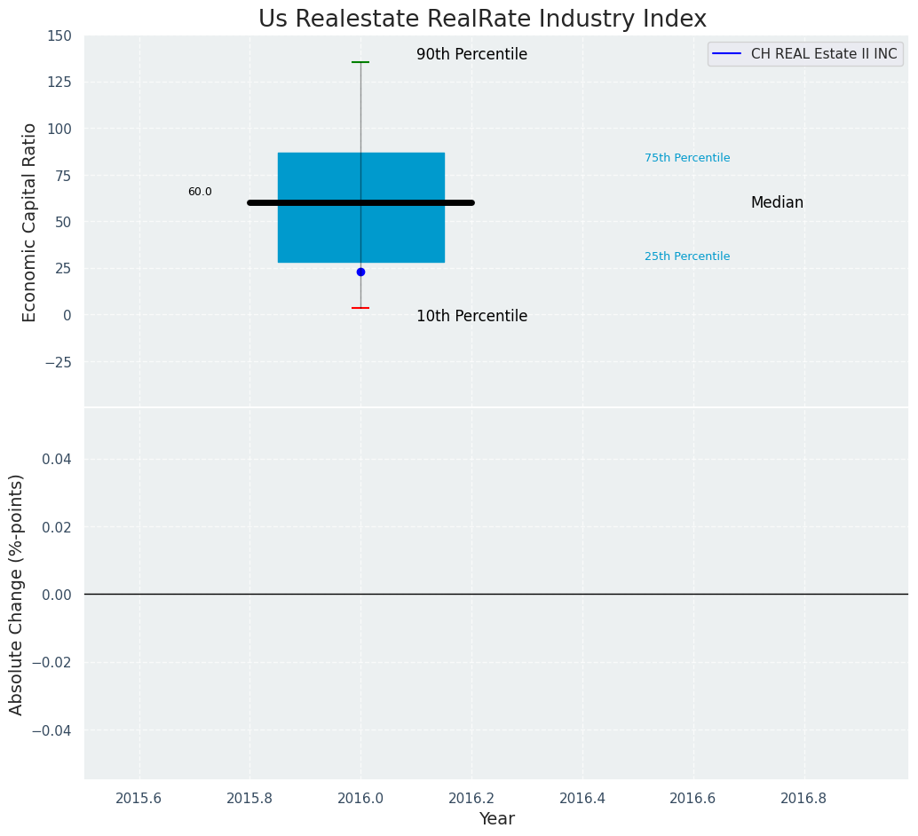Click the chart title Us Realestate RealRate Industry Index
(482, 20)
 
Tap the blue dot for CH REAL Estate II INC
(360, 272)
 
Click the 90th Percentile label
(471, 54)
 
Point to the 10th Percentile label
(471, 316)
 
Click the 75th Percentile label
(687, 158)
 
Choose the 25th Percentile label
(687, 256)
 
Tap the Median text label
(777, 202)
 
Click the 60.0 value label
(200, 192)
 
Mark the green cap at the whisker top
(360, 62)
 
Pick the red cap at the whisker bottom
(360, 308)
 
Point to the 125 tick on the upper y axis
(59, 82)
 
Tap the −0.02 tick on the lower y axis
(54, 662)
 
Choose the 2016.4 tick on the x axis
(582, 798)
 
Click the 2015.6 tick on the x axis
(138, 798)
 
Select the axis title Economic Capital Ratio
(30, 222)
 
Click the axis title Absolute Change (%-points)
(17, 594)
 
